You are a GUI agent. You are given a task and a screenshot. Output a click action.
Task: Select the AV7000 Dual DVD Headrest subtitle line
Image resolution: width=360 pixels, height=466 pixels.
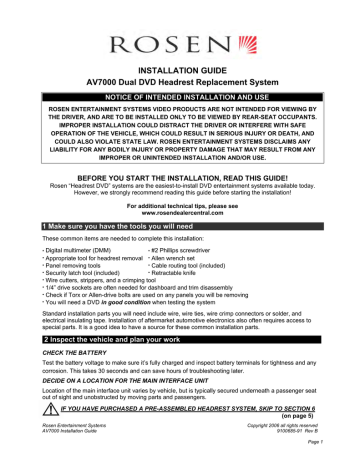[180, 95]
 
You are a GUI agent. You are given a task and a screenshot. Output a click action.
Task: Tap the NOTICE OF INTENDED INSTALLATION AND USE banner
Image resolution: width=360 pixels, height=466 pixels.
[180, 109]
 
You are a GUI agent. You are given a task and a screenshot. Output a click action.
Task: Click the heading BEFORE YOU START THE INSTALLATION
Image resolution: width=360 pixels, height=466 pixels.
[180, 171]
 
